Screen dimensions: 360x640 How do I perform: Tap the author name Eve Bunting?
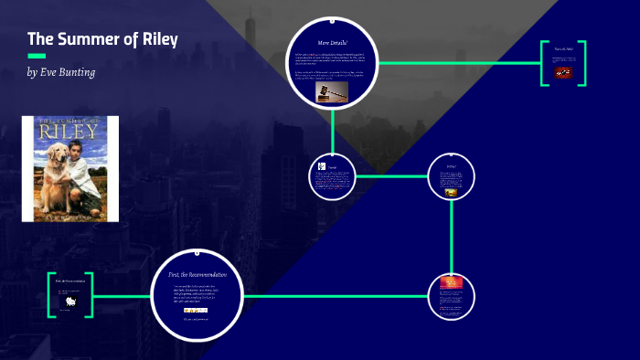[x=73, y=72]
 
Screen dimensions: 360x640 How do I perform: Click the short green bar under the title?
[x=37, y=56]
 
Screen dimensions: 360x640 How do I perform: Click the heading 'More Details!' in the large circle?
[x=333, y=43]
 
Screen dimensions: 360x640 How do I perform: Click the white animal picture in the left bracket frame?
[x=69, y=297]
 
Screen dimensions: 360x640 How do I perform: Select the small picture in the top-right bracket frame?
[x=562, y=71]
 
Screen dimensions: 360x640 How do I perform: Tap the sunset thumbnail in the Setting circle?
[x=451, y=192]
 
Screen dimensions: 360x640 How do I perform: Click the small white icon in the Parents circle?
[x=321, y=166]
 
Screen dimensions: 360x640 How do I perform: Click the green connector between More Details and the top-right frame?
[x=457, y=63]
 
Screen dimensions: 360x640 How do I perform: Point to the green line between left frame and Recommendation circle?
[x=122, y=296]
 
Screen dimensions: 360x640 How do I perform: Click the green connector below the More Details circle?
[x=333, y=128]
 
